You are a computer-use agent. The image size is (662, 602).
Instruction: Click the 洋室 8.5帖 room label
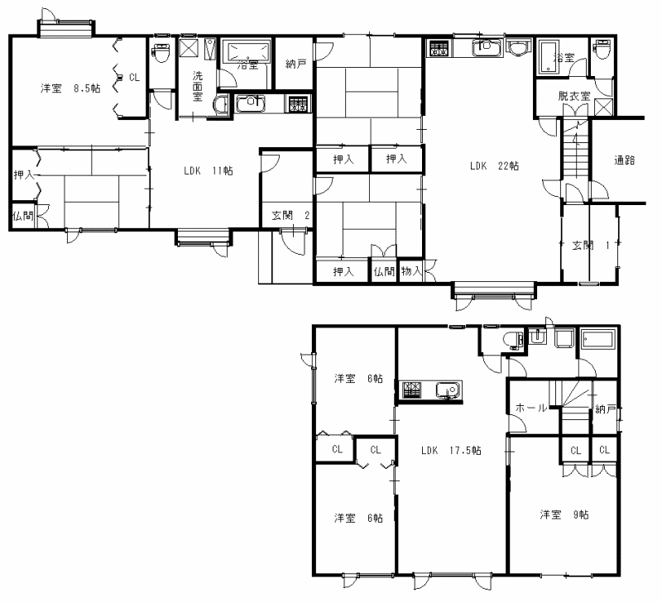pyautogui.click(x=70, y=88)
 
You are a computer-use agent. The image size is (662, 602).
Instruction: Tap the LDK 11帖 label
pyautogui.click(x=209, y=171)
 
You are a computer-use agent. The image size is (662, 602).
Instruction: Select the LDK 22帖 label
pyautogui.click(x=494, y=165)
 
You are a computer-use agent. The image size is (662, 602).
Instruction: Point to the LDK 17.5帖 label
pyautogui.click(x=451, y=451)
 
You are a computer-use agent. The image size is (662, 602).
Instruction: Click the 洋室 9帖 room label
pyautogui.click(x=564, y=514)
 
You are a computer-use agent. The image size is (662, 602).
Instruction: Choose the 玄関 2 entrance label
pyautogui.click(x=290, y=216)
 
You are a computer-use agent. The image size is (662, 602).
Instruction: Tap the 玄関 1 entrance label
pyautogui.click(x=591, y=245)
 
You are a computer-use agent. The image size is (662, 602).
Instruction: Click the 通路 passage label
pyautogui.click(x=625, y=160)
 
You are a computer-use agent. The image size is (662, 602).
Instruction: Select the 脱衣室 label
pyautogui.click(x=573, y=96)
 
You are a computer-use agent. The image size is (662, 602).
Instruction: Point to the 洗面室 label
pyautogui.click(x=198, y=87)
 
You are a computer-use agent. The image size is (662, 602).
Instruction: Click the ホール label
pyautogui.click(x=531, y=408)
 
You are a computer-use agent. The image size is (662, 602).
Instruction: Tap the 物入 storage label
pyautogui.click(x=411, y=271)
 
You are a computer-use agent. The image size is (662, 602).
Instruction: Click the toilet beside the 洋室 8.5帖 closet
pyautogui.click(x=161, y=52)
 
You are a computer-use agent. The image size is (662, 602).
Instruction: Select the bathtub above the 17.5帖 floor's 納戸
pyautogui.click(x=597, y=340)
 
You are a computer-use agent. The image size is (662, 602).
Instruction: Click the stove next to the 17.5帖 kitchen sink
pyautogui.click(x=411, y=390)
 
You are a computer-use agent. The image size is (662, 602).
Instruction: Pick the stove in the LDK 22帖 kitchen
pyautogui.click(x=439, y=48)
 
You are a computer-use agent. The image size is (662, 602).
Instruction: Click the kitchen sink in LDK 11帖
pyautogui.click(x=251, y=103)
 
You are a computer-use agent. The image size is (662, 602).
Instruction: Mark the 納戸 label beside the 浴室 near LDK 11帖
pyautogui.click(x=295, y=64)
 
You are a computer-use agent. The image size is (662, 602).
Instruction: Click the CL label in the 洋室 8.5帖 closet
pyautogui.click(x=134, y=77)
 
